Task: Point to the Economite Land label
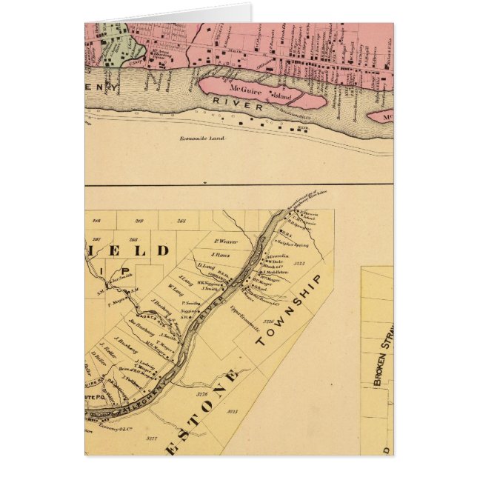(202, 139)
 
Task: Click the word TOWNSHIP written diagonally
(290, 311)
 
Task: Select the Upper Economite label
(242, 307)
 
